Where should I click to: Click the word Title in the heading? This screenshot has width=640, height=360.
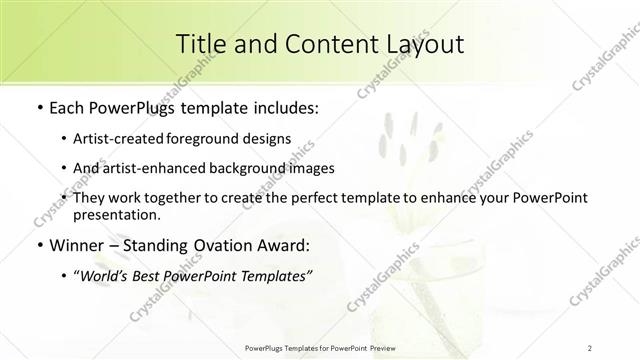[x=200, y=44]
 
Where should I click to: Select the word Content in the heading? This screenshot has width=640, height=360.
[x=316, y=44]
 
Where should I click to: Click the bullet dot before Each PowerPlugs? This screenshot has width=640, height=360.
[x=38, y=105]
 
